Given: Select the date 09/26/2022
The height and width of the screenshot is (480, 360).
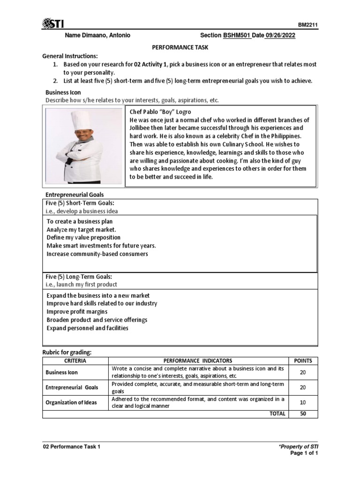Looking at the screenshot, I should tap(281, 36).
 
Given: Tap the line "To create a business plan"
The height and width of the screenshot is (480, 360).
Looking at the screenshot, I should tap(80, 221).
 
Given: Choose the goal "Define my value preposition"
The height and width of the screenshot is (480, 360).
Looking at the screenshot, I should tap(83, 237).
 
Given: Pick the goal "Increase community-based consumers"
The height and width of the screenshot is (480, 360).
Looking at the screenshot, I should tap(97, 254).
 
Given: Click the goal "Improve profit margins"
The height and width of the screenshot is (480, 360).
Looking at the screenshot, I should tap(77, 312).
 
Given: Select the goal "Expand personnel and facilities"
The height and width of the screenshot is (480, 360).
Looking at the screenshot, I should tap(87, 328).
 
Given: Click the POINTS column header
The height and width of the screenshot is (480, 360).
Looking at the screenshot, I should tap(303, 360).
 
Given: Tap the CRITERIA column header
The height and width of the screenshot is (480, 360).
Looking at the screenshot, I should tap(75, 360).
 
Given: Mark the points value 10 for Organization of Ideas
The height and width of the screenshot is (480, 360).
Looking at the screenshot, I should tap(303, 403).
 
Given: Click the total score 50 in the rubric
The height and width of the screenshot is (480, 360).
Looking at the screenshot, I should tap(303, 414).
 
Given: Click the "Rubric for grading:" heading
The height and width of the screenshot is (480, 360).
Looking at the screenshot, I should tap(67, 352).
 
